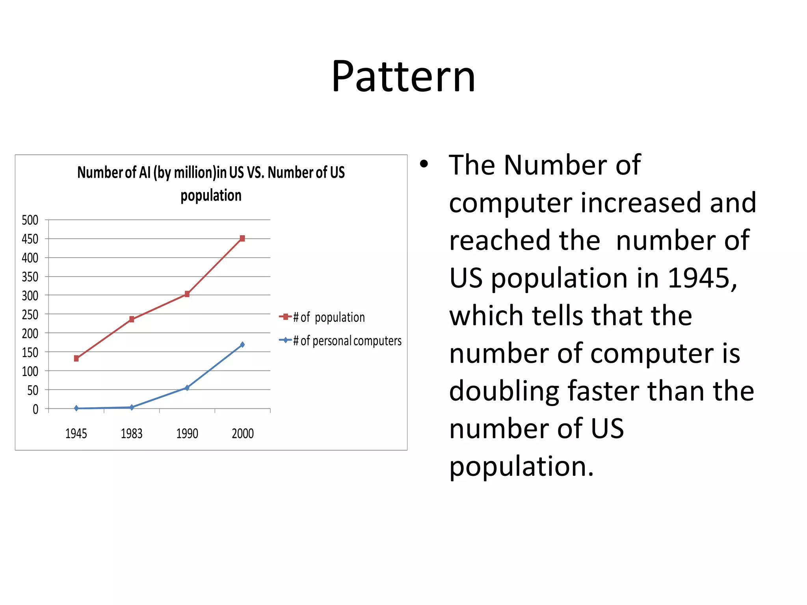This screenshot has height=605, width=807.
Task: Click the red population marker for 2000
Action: [x=242, y=238]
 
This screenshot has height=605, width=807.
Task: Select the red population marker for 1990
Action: [x=187, y=294]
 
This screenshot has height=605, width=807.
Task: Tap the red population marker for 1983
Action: [x=132, y=319]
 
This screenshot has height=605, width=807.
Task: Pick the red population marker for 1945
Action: [x=76, y=358]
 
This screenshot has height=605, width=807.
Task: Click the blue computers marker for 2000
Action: [x=242, y=345]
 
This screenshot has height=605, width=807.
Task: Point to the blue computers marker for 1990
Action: [x=187, y=388]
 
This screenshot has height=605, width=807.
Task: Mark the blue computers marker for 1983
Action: [x=132, y=407]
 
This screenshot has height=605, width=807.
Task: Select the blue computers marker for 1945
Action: [x=76, y=408]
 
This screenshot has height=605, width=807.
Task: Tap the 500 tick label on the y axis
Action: [x=30, y=220]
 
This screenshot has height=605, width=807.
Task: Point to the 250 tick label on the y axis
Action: [x=30, y=315]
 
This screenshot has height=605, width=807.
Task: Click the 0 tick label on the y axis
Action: [x=35, y=409]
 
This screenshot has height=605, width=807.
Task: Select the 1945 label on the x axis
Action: [x=76, y=434]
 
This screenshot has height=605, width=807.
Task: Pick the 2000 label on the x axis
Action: [x=243, y=434]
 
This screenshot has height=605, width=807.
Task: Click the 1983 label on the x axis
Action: [x=132, y=434]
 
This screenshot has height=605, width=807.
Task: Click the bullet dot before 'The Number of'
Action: [x=424, y=164]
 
